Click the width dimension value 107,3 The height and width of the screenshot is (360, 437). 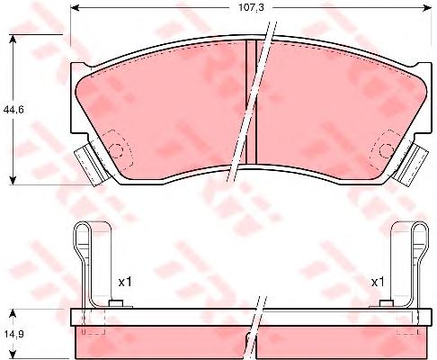(251, 8)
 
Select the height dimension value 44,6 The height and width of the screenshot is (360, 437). (13, 110)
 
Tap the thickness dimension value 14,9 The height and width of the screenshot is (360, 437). (13, 334)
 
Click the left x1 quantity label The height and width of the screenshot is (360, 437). (125, 282)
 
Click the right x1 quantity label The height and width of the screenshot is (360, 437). (378, 282)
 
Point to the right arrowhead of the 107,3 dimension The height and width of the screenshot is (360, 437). (427, 8)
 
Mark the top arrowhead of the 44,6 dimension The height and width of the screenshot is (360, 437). (13, 40)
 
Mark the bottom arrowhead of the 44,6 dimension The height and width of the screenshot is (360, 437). (13, 180)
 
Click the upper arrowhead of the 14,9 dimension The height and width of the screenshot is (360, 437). (13, 314)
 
